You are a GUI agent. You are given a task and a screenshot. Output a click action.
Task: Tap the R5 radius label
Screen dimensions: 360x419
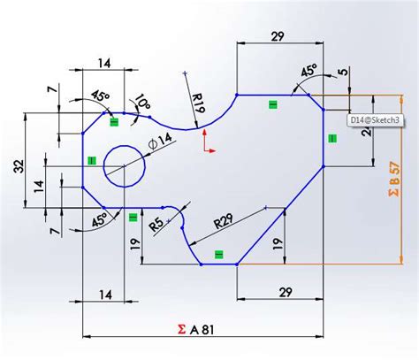click(x=156, y=225)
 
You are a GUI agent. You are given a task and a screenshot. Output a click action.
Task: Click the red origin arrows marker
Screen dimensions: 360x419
click(x=208, y=142)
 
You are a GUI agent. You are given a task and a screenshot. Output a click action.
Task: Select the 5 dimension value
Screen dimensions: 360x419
click(x=343, y=74)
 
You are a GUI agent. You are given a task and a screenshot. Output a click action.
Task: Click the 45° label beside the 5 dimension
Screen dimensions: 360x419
click(x=309, y=70)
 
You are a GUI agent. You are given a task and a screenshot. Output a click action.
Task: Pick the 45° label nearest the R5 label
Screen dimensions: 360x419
click(x=100, y=222)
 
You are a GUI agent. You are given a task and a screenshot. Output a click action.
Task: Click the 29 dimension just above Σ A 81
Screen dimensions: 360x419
click(x=285, y=292)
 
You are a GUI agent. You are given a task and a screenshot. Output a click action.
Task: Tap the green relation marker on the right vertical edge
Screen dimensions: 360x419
click(x=332, y=138)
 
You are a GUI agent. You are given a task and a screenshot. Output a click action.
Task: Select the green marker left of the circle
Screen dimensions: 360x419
click(x=91, y=161)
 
